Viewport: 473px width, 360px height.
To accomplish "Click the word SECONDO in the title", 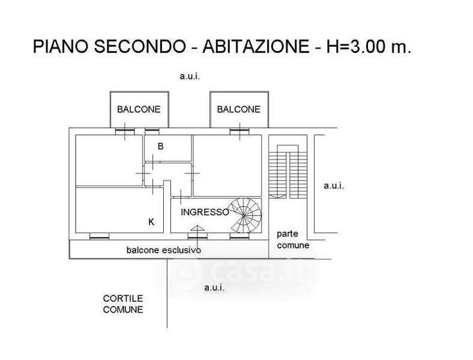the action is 140,46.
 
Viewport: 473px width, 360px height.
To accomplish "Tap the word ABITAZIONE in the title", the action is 256,46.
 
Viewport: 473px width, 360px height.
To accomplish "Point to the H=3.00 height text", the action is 369,46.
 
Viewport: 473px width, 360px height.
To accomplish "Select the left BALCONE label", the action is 139,109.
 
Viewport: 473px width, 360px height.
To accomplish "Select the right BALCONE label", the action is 239,109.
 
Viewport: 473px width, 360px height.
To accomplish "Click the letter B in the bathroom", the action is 161,146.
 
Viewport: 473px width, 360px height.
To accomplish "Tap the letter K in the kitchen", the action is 151,222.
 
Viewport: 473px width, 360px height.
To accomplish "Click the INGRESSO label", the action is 205,212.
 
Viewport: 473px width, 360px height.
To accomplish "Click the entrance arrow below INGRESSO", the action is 197,228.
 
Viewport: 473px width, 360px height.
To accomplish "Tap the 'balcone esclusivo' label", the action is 164,250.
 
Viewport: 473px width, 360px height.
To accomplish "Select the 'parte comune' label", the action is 293,239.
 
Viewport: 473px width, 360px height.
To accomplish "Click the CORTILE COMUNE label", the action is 123,304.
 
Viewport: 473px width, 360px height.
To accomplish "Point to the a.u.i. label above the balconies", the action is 190,76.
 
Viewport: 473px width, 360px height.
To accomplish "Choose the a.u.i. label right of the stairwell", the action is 334,186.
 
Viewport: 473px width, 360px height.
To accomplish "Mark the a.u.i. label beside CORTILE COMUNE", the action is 214,287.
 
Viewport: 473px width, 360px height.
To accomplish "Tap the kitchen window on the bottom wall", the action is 100,236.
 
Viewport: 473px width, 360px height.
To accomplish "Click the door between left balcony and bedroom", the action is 125,131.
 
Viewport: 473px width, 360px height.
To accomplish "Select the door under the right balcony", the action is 240,131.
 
